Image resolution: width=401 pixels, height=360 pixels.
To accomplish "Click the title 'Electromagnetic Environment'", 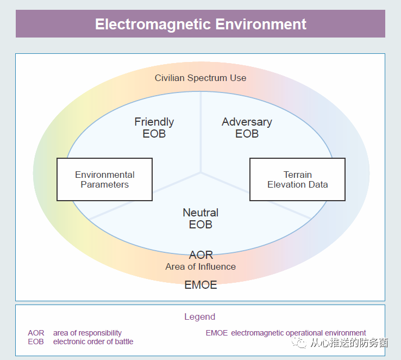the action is [x=200, y=24].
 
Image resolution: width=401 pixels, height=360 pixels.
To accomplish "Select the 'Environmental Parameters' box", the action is [x=105, y=179].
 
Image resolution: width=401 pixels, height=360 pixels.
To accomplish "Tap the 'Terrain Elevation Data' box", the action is [x=297, y=179].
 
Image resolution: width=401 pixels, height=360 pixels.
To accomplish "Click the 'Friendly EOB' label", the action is [x=154, y=127].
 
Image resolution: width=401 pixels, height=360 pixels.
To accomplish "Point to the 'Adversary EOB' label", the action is [x=247, y=127].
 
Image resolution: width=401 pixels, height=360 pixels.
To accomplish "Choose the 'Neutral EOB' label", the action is [x=200, y=218].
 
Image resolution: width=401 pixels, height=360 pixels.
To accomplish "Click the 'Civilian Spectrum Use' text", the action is [x=200, y=78].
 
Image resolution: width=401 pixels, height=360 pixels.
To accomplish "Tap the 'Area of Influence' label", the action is [x=200, y=266].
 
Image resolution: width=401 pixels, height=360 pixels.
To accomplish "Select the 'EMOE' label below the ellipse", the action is [x=200, y=284].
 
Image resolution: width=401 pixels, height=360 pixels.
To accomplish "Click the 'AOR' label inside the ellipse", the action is [x=200, y=255].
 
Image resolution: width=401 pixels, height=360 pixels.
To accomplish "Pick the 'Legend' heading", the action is [x=200, y=316].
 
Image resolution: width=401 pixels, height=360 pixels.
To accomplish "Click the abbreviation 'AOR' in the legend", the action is [x=36, y=333].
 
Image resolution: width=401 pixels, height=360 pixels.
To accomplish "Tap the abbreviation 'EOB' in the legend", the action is [x=36, y=342].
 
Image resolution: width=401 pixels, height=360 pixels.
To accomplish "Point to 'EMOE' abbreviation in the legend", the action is [x=217, y=333].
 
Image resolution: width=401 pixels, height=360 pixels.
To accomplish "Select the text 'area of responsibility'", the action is [x=87, y=333].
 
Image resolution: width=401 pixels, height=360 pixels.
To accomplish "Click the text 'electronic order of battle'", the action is [x=93, y=342].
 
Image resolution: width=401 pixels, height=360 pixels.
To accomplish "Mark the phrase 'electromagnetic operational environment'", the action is [x=298, y=333].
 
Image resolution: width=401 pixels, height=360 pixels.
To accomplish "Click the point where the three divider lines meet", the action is [x=201, y=173].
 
